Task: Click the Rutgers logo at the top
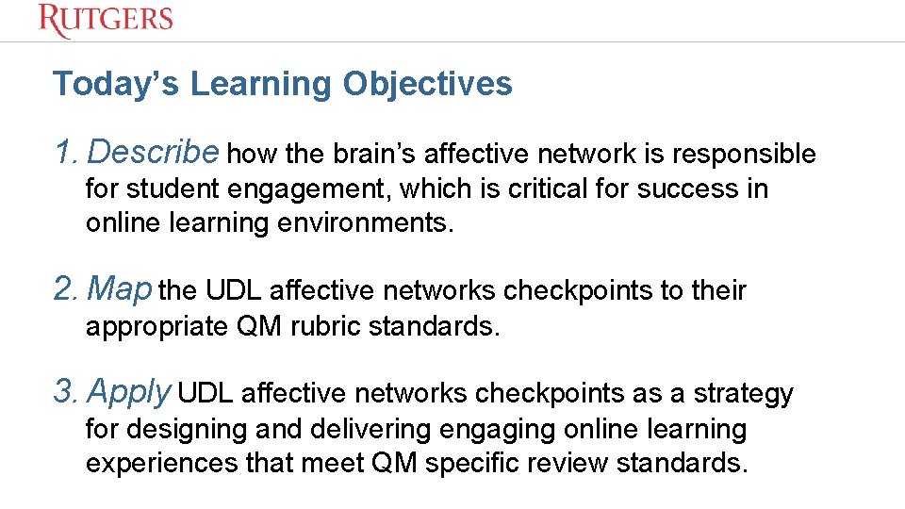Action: pyautogui.click(x=106, y=20)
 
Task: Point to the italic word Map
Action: pyautogui.click(x=119, y=289)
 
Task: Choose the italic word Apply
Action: pyautogui.click(x=130, y=392)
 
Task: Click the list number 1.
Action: pyautogui.click(x=62, y=152)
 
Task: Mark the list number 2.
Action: pyautogui.click(x=64, y=289)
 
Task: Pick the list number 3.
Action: pyautogui.click(x=64, y=392)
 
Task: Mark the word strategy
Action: pyautogui.click(x=744, y=394)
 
